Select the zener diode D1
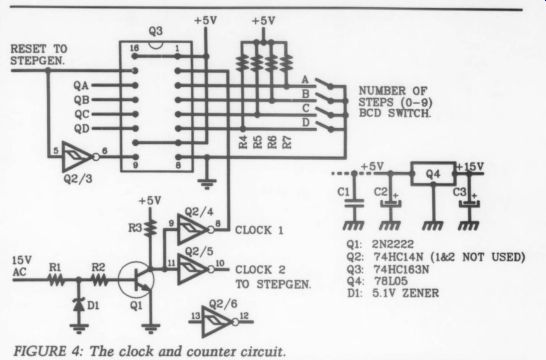(79, 305)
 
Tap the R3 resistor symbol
(151, 228)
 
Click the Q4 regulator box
(433, 173)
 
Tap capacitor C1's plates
(354, 203)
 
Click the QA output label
(81, 85)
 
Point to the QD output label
(81, 129)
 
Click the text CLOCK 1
(259, 230)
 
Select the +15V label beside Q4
(471, 167)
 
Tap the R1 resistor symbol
(56, 279)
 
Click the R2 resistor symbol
(99, 279)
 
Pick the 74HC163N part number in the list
(401, 269)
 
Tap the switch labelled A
(325, 83)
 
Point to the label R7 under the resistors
(287, 142)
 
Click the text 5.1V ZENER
(405, 293)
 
